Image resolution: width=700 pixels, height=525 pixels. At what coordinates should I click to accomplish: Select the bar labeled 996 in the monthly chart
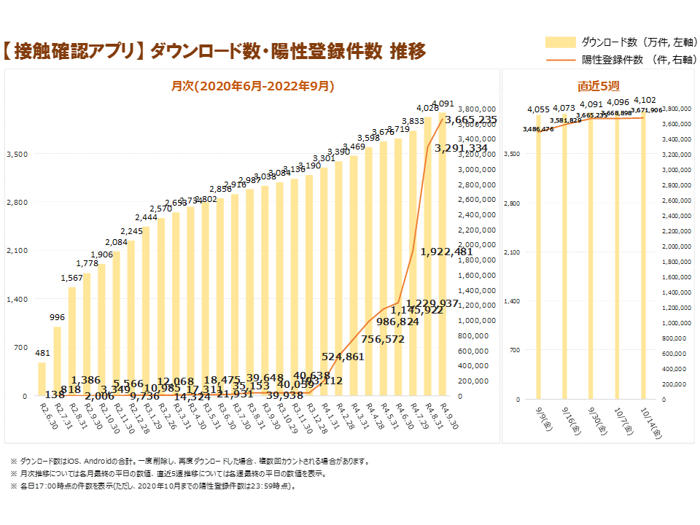[x=57, y=361]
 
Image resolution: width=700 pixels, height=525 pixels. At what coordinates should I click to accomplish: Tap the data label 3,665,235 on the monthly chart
[x=471, y=120]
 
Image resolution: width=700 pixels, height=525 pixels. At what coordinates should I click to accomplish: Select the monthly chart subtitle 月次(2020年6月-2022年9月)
[x=252, y=86]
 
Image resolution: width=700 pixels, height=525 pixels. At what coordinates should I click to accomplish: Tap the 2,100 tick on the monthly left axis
[x=17, y=251]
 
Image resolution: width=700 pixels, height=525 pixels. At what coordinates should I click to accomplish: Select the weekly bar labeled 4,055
[x=539, y=255]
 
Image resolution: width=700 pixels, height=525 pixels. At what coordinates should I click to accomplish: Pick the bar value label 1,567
[x=72, y=277]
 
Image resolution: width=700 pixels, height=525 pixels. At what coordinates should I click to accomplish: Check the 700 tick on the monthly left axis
[x=20, y=348]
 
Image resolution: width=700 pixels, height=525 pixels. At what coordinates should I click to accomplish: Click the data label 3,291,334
[x=461, y=148]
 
